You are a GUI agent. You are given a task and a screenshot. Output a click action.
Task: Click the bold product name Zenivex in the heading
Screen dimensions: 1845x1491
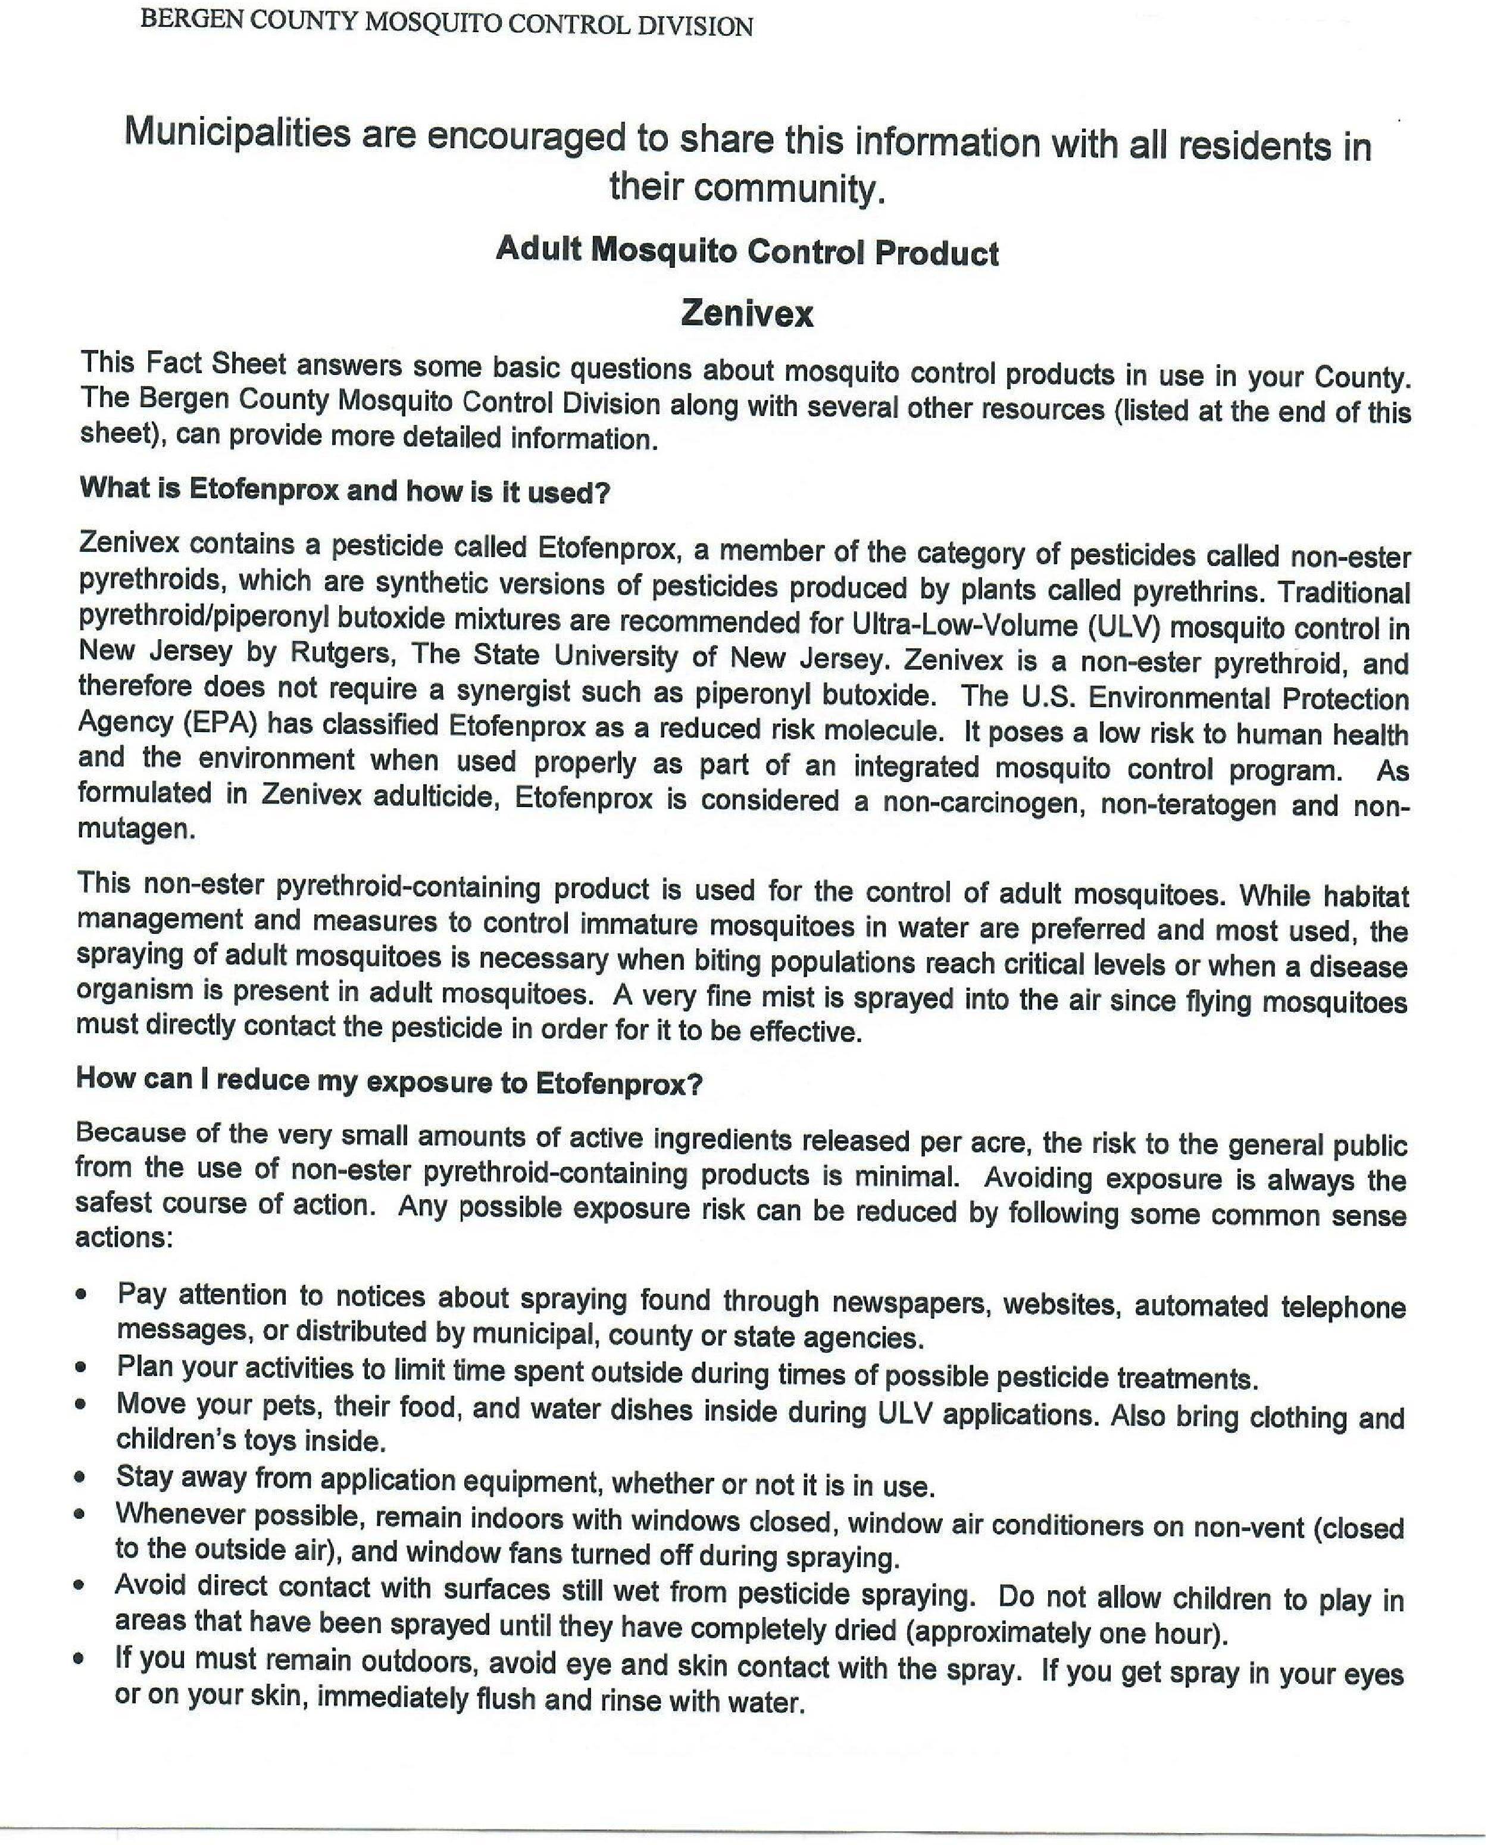[746, 314]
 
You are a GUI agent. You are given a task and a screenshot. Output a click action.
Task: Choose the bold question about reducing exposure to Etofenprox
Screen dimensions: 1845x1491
[389, 1081]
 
